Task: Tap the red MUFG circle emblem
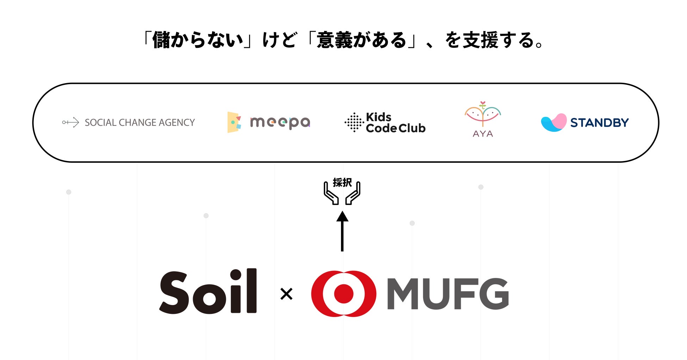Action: [x=343, y=293]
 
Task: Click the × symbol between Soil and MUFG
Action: [x=286, y=294]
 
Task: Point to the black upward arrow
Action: [x=342, y=231]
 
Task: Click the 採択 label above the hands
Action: [x=342, y=182]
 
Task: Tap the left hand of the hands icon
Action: [x=331, y=194]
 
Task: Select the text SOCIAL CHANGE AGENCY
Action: [x=140, y=123]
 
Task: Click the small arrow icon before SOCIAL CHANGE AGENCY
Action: [x=70, y=123]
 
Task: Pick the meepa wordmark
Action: [x=280, y=123]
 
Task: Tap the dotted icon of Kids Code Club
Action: [x=354, y=123]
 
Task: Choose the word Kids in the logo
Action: [x=379, y=117]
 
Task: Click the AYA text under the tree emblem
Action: [x=483, y=134]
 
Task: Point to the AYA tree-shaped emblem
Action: [x=483, y=114]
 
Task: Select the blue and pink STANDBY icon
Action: [x=553, y=123]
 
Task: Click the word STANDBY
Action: [x=600, y=123]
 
